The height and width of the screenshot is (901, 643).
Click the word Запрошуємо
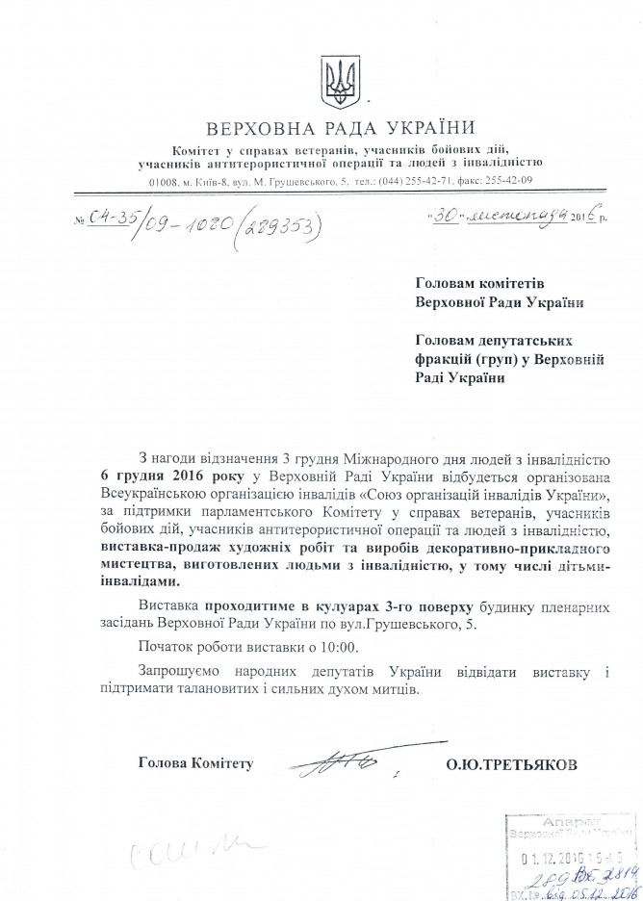click(183, 670)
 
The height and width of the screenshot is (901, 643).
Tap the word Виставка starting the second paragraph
click(168, 605)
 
